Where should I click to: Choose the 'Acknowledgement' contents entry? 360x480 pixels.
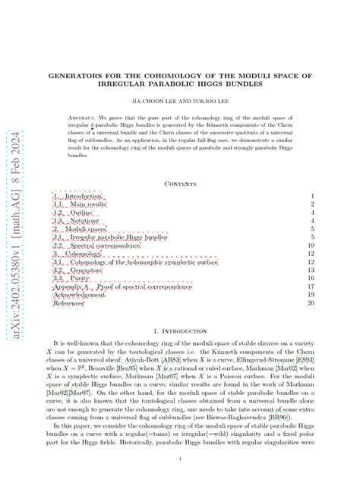[x=79, y=295]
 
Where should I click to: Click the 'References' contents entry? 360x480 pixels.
[x=68, y=303]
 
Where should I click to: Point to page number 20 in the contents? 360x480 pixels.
[x=309, y=303]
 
